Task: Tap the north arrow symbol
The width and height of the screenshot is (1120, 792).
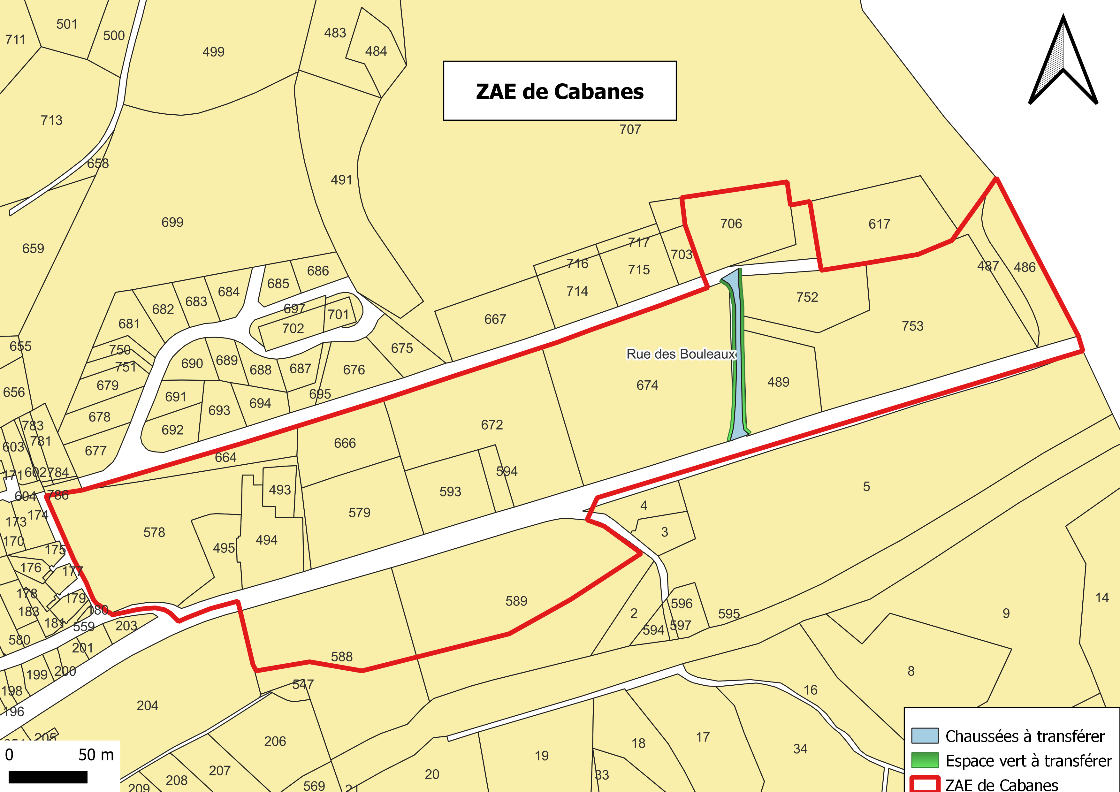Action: pyautogui.click(x=1063, y=64)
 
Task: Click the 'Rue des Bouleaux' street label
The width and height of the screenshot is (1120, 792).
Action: pyautogui.click(x=681, y=354)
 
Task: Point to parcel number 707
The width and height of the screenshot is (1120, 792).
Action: pyautogui.click(x=630, y=130)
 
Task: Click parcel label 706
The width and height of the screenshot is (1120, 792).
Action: pyautogui.click(x=731, y=224)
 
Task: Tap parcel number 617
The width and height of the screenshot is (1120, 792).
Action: pyautogui.click(x=879, y=224)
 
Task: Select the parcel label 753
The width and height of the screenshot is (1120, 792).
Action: pyautogui.click(x=912, y=326)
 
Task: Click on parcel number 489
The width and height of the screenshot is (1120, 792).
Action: pyautogui.click(x=778, y=382)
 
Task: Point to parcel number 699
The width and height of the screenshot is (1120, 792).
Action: pyautogui.click(x=172, y=222)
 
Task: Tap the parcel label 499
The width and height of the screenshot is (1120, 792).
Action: pyautogui.click(x=213, y=52)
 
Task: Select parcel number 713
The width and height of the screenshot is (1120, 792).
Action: pyautogui.click(x=51, y=120)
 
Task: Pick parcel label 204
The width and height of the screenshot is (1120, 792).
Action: pyautogui.click(x=147, y=706)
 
